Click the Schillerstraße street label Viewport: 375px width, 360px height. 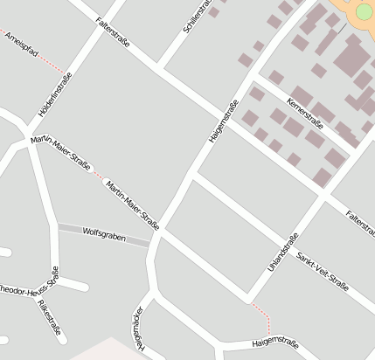[198, 17]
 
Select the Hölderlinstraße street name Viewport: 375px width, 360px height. [55, 95]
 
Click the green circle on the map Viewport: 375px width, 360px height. [365, 11]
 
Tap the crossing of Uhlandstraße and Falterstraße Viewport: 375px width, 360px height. [324, 197]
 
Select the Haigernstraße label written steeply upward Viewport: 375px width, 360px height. [223, 123]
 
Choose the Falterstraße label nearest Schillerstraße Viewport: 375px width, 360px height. [113, 31]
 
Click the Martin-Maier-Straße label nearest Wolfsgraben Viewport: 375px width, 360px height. [133, 206]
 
